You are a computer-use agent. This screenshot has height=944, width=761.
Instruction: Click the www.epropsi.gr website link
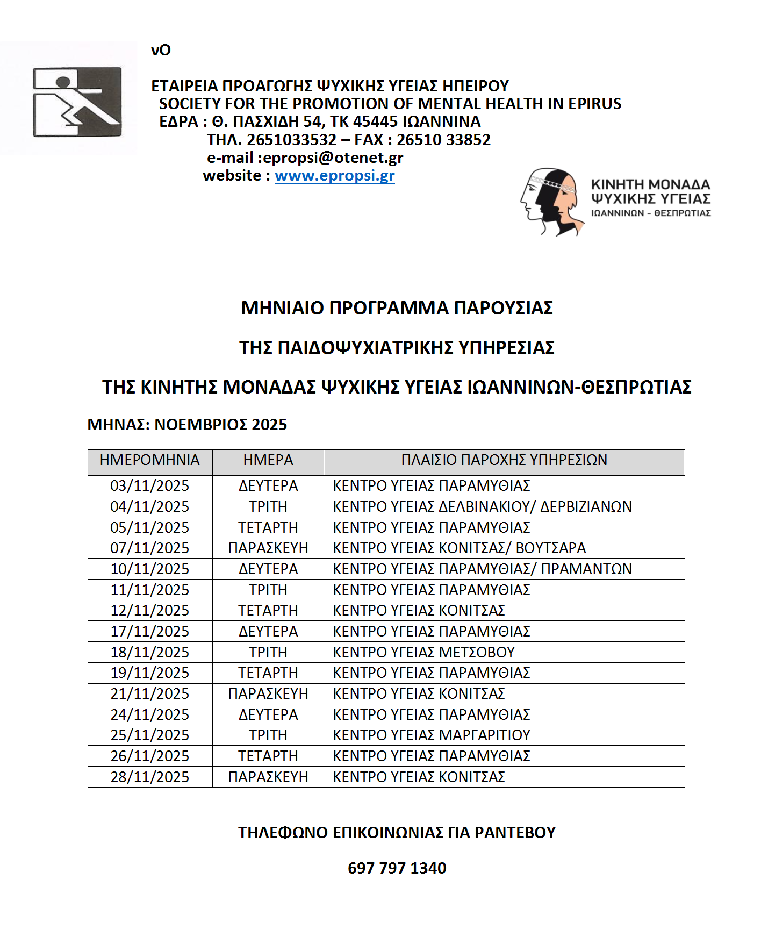(x=335, y=176)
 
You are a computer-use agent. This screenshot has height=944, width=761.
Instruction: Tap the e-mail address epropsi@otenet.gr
(x=333, y=158)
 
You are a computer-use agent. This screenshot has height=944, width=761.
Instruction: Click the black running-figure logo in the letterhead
(x=77, y=102)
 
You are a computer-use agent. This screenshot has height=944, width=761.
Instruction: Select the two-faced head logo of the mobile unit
(x=551, y=202)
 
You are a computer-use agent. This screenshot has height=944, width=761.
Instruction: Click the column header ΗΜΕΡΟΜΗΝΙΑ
(x=149, y=460)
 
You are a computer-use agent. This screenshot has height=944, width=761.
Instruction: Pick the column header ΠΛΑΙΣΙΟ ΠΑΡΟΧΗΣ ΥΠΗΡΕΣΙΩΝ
(x=504, y=460)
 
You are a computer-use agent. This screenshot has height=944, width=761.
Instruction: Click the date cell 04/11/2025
(x=149, y=506)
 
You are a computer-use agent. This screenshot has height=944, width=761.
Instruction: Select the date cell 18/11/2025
(x=149, y=652)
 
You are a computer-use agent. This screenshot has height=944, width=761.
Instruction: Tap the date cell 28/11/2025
(x=149, y=777)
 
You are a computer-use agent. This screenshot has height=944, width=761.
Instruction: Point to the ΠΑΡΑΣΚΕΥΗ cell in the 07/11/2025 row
(x=268, y=548)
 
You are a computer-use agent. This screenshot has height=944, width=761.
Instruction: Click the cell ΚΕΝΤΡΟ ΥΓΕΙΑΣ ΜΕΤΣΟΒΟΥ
(x=423, y=652)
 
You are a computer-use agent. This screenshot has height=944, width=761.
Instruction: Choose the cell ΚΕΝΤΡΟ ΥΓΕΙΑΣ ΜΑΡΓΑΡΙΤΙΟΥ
(x=432, y=735)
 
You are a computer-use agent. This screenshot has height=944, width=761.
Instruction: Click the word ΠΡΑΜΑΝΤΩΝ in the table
(x=586, y=569)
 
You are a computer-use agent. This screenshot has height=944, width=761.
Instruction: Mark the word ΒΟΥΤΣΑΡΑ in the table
(x=551, y=548)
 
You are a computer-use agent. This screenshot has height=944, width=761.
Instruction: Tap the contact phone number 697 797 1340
(x=397, y=868)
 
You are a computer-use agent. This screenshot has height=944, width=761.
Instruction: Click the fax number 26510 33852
(x=443, y=140)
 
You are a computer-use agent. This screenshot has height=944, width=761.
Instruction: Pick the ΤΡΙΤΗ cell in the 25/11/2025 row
(x=268, y=735)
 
